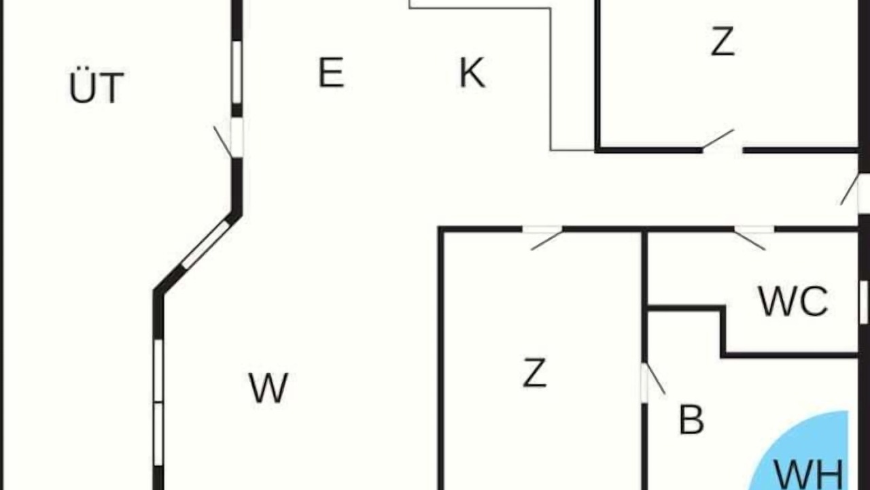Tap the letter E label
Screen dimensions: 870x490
coord(331,72)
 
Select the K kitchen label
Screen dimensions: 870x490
coord(472,72)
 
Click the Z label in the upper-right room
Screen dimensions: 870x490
coord(723,42)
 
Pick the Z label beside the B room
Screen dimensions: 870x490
coord(535,373)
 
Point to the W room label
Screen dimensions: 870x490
coord(268,388)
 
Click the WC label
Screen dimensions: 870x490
coord(793,301)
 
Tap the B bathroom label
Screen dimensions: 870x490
coord(692,419)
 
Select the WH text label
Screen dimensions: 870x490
coord(809,475)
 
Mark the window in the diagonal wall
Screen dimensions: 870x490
coord(206,244)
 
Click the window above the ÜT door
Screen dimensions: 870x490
coord(237,72)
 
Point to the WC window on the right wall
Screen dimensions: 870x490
coord(864,302)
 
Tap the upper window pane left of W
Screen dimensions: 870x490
coord(158,370)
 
